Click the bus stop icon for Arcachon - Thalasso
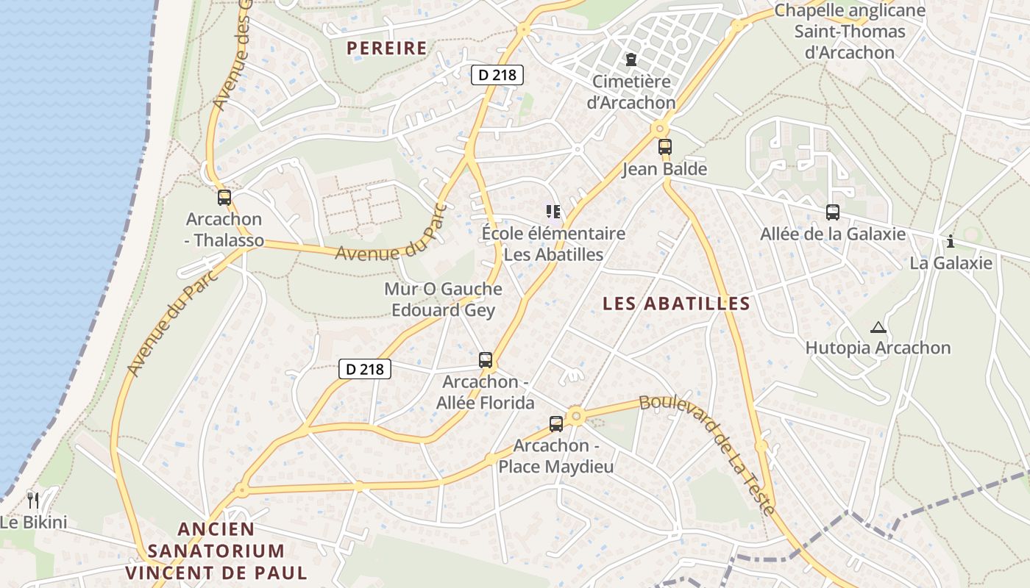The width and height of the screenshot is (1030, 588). tap(224, 198)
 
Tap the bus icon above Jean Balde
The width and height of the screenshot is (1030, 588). tap(665, 147)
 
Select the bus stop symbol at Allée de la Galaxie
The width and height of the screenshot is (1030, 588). tap(833, 212)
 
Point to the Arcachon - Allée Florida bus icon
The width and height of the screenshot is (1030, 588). tap(486, 360)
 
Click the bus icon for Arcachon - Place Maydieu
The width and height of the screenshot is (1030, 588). tap(556, 424)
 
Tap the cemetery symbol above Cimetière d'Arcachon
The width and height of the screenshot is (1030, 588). tap(631, 60)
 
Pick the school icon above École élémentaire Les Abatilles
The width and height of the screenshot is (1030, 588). tap(553, 212)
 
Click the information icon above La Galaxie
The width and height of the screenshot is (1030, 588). tap(951, 241)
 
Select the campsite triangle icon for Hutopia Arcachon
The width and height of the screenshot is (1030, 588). tap(877, 327)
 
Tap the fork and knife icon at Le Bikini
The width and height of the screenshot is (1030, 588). tap(32, 501)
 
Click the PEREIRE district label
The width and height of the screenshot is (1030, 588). tap(386, 49)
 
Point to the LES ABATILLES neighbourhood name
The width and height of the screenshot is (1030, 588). tap(676, 304)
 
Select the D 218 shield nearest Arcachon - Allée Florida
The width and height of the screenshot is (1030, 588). tap(365, 369)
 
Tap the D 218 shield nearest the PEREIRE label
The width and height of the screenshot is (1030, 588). tap(497, 74)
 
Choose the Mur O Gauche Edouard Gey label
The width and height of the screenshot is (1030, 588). tap(443, 299)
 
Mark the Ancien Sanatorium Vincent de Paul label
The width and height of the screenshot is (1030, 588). tap(216, 551)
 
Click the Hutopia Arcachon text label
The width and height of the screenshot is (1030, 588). tap(878, 348)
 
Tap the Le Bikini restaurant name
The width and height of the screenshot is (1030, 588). tap(33, 523)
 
